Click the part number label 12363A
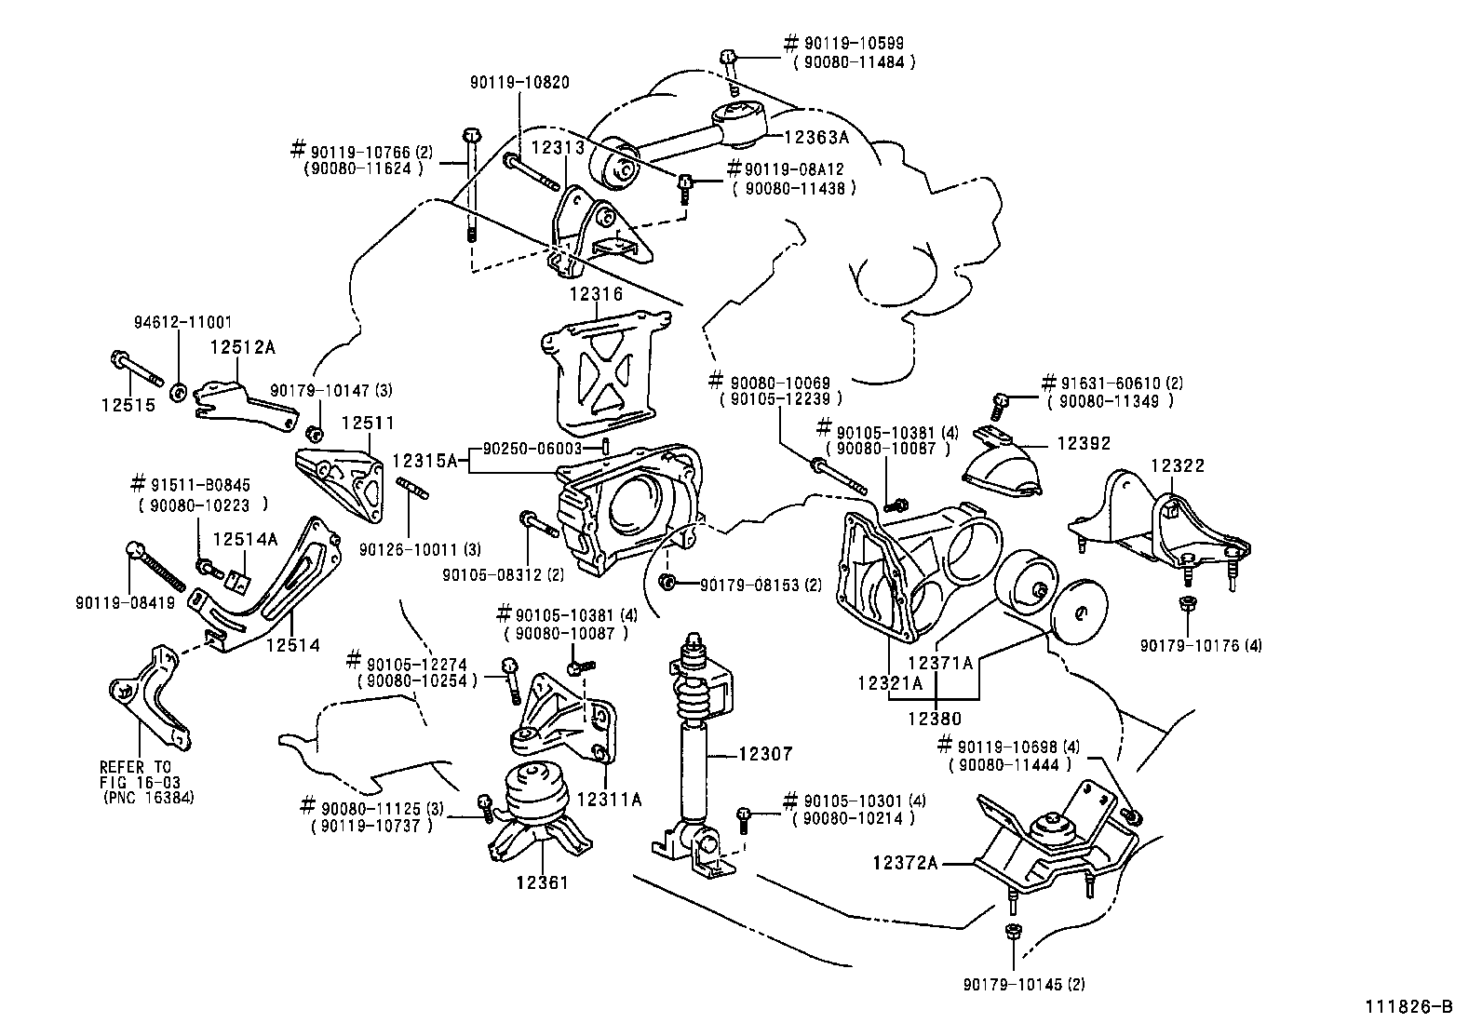(815, 136)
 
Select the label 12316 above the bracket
(596, 294)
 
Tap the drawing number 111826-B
(1408, 1006)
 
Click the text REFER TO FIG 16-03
(136, 774)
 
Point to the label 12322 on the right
(1177, 464)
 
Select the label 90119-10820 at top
(519, 83)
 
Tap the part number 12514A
(245, 539)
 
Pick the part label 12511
(367, 423)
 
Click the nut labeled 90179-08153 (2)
(667, 583)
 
